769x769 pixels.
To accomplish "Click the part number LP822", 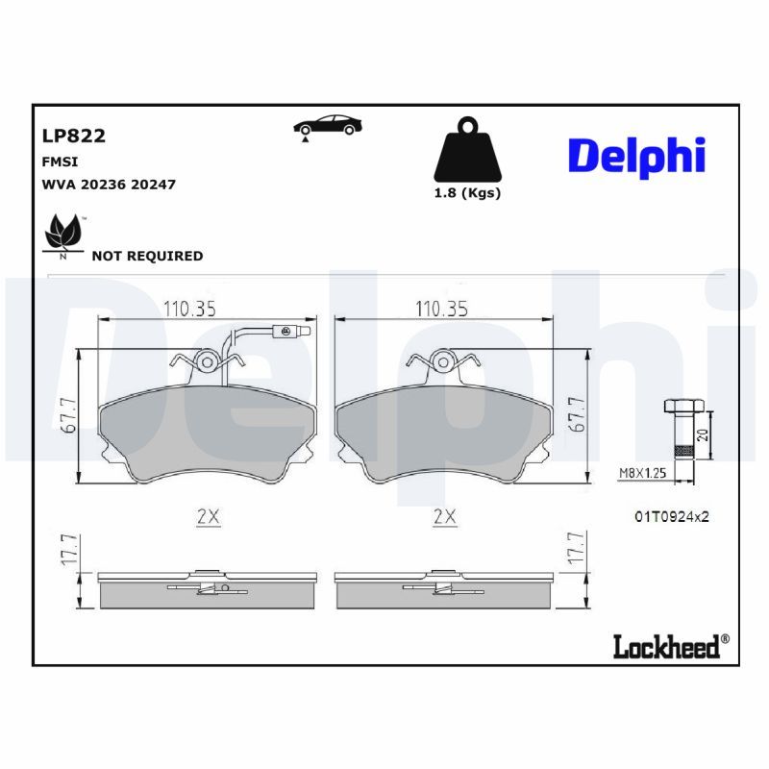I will (x=73, y=136).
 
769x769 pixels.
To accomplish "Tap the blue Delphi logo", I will (x=636, y=155).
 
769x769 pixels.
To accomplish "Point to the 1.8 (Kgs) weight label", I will (x=467, y=192).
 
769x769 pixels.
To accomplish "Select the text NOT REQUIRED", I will (x=147, y=256).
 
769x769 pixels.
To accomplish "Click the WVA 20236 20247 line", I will (x=108, y=184).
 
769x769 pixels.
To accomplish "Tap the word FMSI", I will (x=58, y=161).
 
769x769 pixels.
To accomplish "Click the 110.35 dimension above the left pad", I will (x=188, y=309).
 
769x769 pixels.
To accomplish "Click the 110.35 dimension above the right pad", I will (x=441, y=309).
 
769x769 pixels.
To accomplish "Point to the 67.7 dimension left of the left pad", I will (x=67, y=417).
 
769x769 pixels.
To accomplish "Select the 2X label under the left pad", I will (x=208, y=516).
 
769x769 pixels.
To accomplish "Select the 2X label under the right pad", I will (x=443, y=516).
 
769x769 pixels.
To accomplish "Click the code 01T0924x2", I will (x=671, y=516).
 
